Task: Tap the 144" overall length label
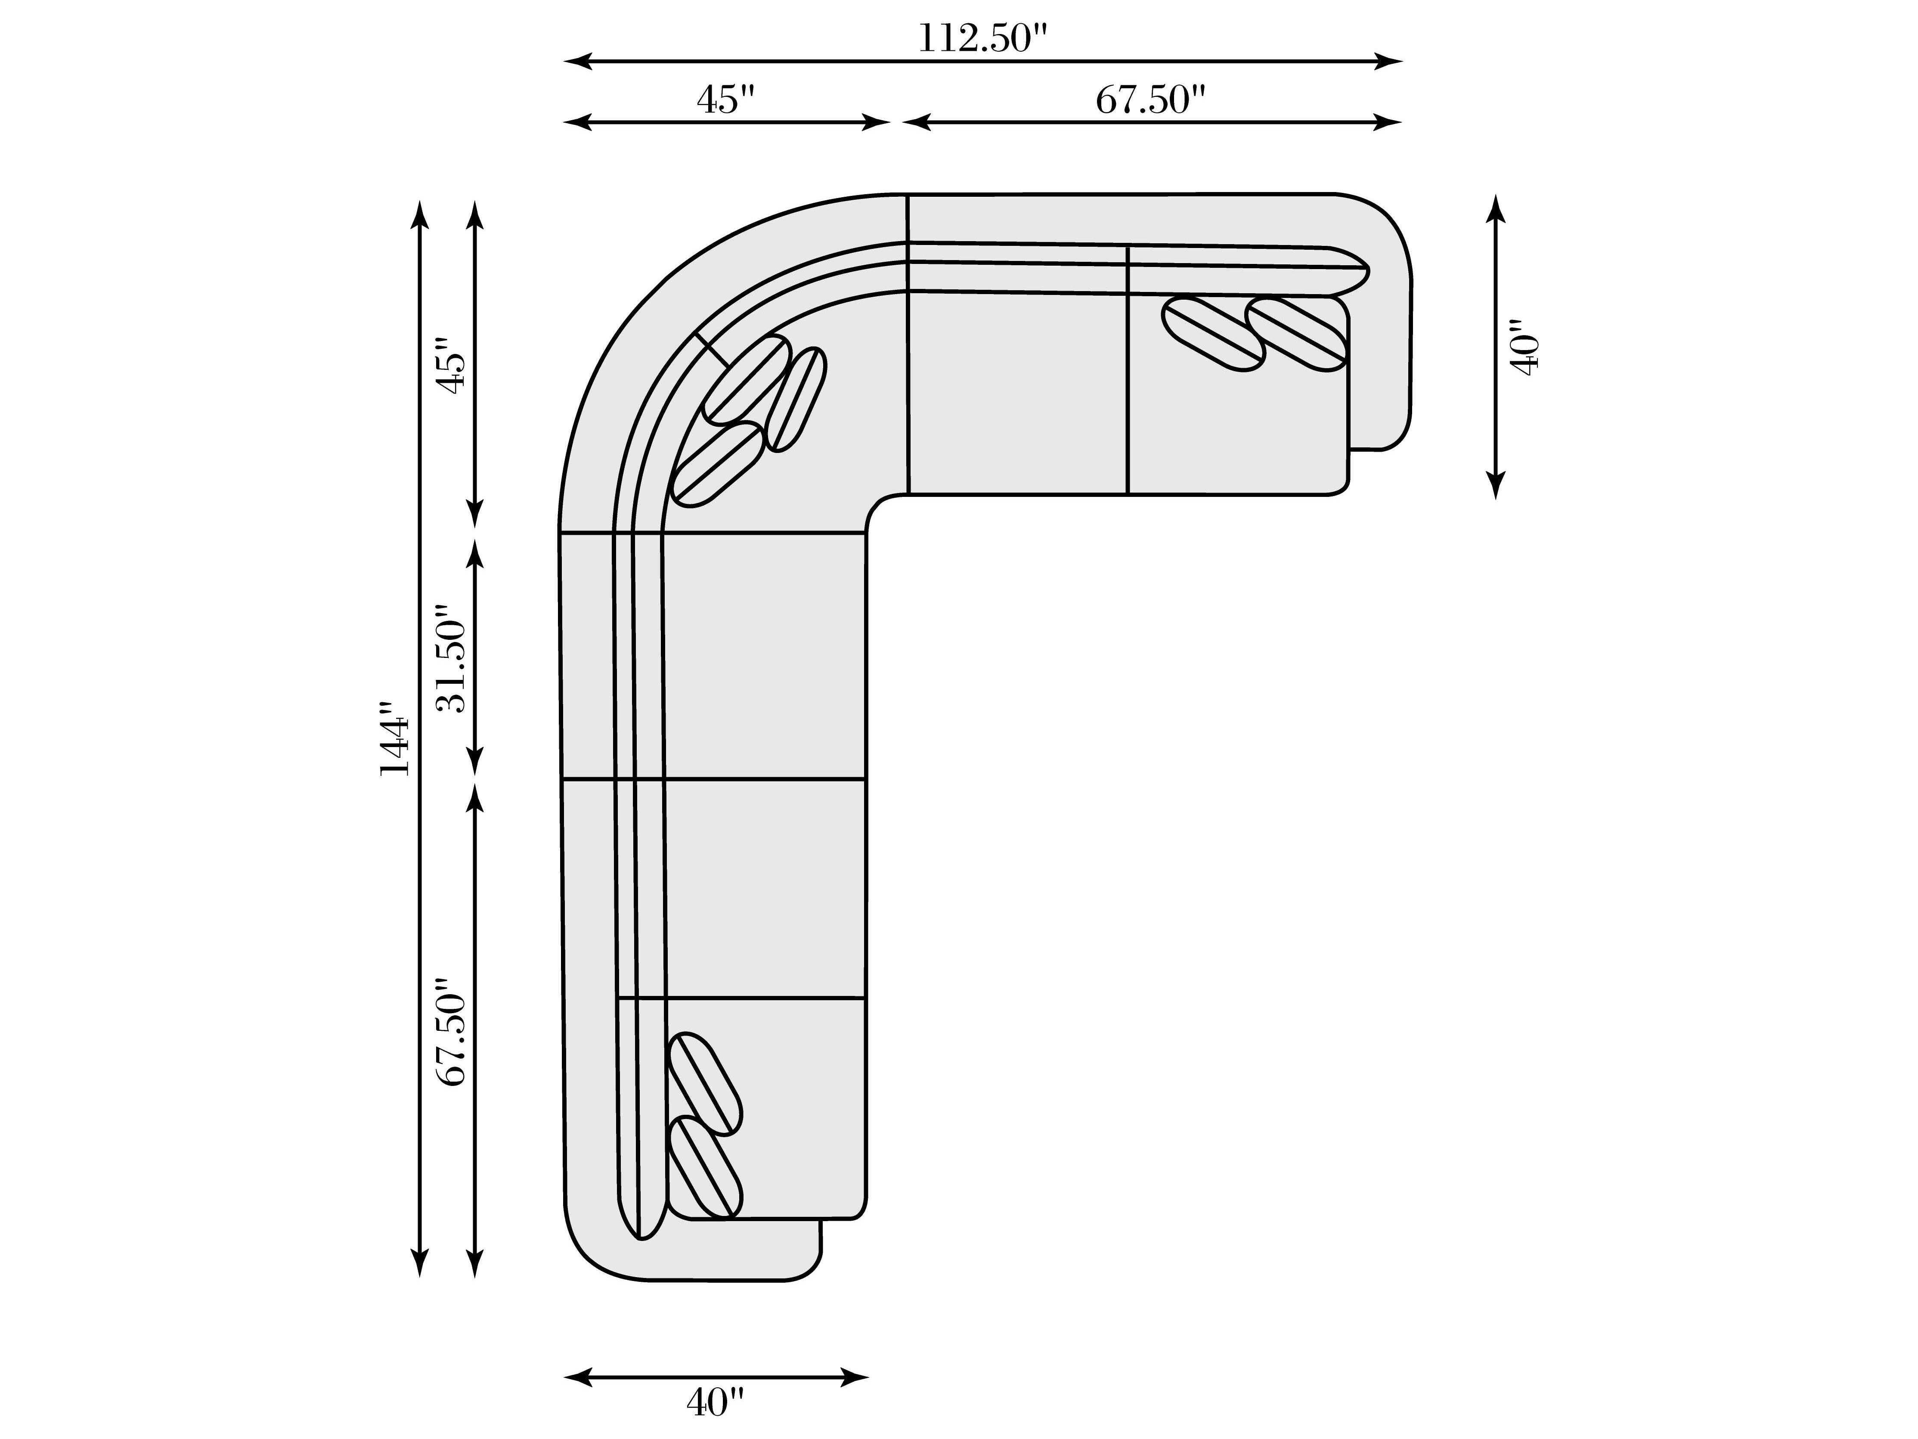(394, 739)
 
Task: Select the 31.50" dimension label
(451, 658)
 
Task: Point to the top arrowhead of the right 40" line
(1496, 209)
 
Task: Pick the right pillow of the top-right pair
(1298, 334)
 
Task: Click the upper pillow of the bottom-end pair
(706, 1083)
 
